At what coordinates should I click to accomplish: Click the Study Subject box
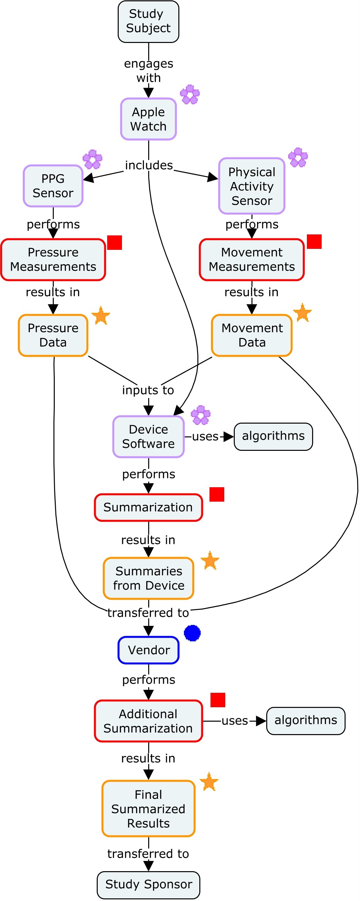click(x=148, y=21)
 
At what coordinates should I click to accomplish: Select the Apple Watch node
click(x=148, y=119)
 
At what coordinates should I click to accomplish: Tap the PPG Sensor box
click(x=53, y=186)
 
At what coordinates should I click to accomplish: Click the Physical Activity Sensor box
click(x=251, y=186)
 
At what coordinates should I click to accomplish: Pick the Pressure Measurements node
click(x=53, y=260)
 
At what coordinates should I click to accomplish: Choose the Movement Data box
click(x=251, y=335)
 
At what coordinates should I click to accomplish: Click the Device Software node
click(x=148, y=436)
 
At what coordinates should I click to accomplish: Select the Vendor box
click(x=148, y=650)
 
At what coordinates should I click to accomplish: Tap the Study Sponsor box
click(x=148, y=885)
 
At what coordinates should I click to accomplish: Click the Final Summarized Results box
click(x=148, y=809)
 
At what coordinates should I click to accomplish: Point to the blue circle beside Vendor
click(x=192, y=633)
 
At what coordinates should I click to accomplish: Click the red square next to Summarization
click(x=217, y=494)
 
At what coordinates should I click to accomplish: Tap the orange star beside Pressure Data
click(x=101, y=315)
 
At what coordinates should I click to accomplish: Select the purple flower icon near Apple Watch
click(x=190, y=94)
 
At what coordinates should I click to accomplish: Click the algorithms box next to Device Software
click(x=273, y=436)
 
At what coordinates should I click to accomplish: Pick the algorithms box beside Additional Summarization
click(x=306, y=721)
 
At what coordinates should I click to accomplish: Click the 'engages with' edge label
click(x=148, y=70)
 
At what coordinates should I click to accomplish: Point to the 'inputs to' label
click(x=148, y=390)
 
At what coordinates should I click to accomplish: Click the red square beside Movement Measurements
click(x=314, y=242)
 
